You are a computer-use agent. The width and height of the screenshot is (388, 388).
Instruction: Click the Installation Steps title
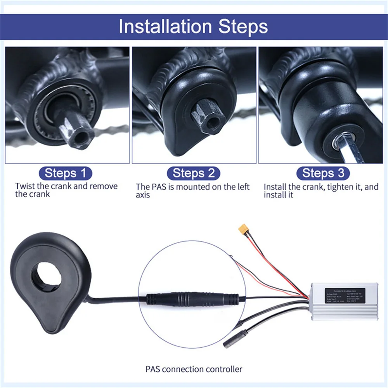pos(193,26)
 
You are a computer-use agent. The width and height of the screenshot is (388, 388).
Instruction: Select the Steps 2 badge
pos(193,173)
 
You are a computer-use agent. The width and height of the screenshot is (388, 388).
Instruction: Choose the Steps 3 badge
pos(323,173)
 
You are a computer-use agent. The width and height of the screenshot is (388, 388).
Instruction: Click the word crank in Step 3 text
pos(314,187)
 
